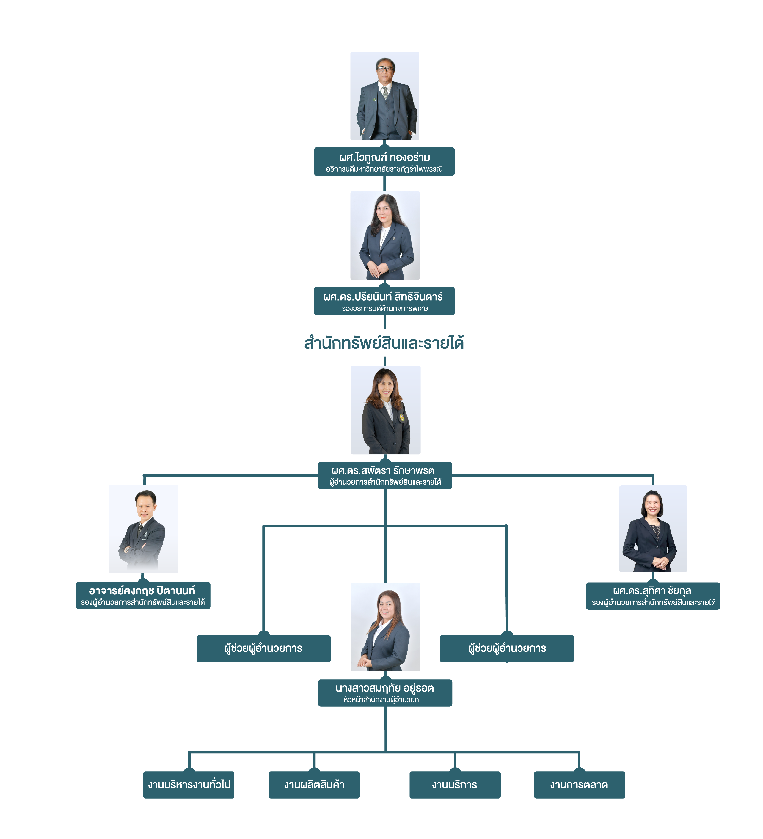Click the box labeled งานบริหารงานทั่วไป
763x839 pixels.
coord(189,785)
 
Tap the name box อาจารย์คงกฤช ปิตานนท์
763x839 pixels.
coord(143,596)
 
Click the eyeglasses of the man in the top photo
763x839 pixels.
coord(385,69)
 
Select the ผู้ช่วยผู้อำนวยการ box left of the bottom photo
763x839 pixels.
coord(263,648)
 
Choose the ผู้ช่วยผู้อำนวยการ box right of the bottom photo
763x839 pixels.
coord(507,648)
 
